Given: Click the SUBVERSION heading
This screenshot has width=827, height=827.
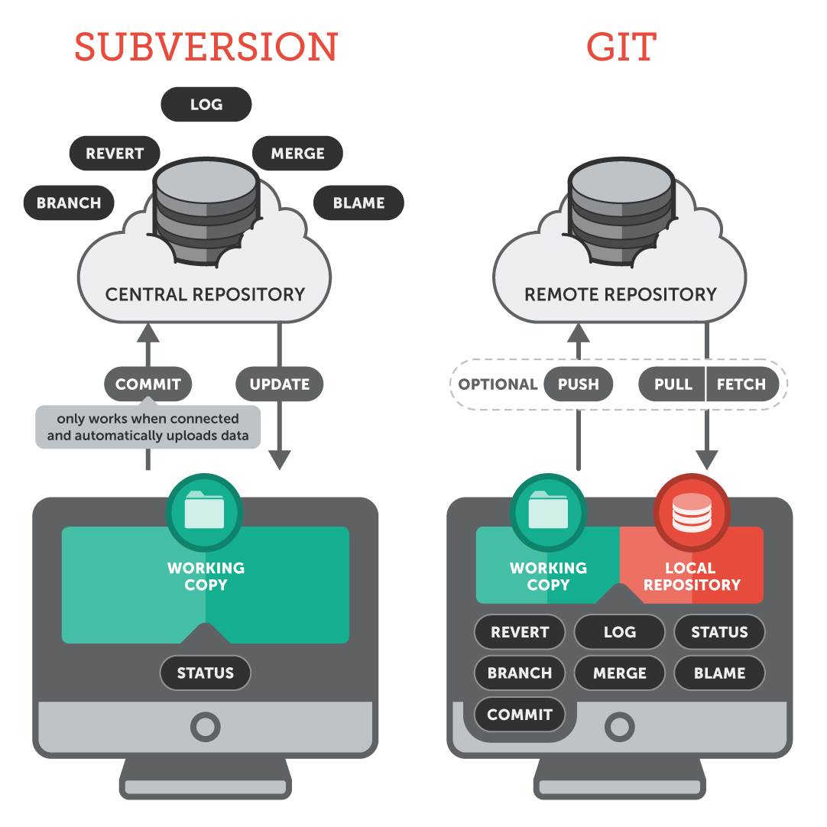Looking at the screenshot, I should click(x=206, y=47).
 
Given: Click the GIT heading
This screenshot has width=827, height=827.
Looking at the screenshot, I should click(x=621, y=47).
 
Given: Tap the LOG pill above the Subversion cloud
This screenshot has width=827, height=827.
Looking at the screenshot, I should click(x=206, y=105).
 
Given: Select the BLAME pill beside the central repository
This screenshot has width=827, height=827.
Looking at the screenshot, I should click(x=358, y=203).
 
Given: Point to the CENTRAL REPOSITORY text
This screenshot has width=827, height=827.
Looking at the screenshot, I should click(x=205, y=294).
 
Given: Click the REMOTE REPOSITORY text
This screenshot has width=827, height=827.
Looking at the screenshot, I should click(x=620, y=294).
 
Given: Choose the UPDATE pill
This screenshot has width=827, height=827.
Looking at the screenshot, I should click(x=280, y=384).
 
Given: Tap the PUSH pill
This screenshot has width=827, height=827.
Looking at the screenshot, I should click(x=579, y=384).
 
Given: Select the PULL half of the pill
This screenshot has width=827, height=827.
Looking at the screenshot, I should click(x=673, y=384).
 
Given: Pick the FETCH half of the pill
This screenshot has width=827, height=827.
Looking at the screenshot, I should click(x=741, y=384).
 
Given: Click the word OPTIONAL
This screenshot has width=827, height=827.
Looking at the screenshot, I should click(x=498, y=384).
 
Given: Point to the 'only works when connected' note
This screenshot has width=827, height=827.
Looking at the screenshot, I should click(x=148, y=427).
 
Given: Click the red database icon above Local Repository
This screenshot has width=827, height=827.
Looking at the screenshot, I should click(x=692, y=512).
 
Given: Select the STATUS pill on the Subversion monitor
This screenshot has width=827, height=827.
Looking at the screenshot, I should click(x=205, y=673).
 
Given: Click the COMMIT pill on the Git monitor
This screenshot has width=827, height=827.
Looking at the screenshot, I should click(x=520, y=715).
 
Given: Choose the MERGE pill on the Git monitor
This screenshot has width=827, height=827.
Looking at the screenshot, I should click(x=620, y=673).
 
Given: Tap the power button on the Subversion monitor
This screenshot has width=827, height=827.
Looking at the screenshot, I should click(x=205, y=727).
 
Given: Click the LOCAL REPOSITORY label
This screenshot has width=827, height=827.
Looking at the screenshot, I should click(x=692, y=576).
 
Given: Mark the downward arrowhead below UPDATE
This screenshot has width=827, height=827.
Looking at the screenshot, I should click(x=280, y=460).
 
